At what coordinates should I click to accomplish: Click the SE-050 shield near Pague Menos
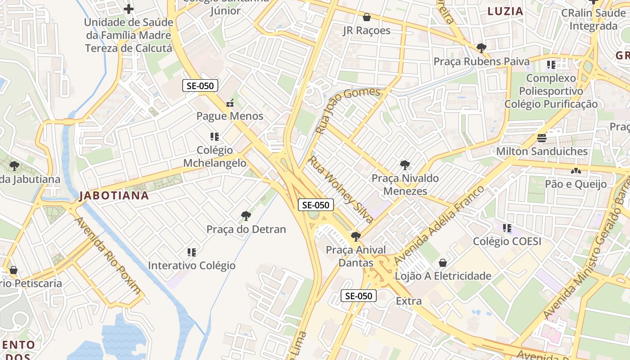click(x=200, y=85)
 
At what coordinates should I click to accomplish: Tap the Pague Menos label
click(x=229, y=116)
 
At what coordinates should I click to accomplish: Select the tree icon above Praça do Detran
click(x=246, y=216)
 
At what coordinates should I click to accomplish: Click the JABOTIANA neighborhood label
click(x=114, y=195)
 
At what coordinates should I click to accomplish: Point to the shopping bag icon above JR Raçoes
click(x=367, y=17)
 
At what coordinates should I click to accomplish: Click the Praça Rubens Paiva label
click(x=481, y=61)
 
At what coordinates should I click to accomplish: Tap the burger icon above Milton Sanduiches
click(x=542, y=138)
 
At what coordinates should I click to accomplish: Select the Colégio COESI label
click(x=507, y=241)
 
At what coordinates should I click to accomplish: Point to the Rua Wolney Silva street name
click(x=341, y=189)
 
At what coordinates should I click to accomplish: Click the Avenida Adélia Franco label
click(x=439, y=225)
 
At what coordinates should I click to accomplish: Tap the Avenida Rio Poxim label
click(x=108, y=256)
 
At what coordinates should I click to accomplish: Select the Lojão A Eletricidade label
click(x=443, y=276)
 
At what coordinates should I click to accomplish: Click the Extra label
click(x=409, y=301)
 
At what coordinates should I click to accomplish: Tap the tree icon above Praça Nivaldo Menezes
click(x=405, y=165)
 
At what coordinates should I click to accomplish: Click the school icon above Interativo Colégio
click(x=192, y=252)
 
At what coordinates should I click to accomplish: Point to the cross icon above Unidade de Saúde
click(x=129, y=9)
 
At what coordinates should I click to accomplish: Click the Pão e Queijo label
click(x=576, y=184)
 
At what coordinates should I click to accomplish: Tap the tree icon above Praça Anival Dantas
click(x=355, y=236)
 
